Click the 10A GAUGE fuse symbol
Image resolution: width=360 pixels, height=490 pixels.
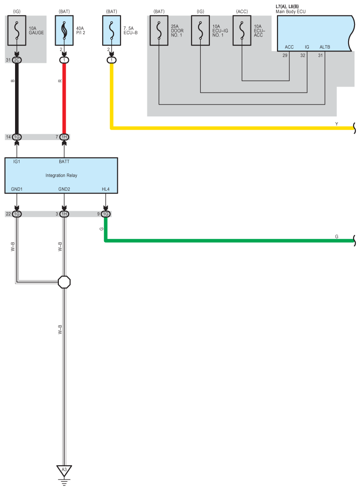17,31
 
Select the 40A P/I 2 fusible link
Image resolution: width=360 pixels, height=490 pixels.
64,31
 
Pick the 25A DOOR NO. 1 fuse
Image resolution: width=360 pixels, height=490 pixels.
159,31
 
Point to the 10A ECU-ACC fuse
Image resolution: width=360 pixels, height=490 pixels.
242,31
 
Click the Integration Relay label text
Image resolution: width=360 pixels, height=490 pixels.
61,175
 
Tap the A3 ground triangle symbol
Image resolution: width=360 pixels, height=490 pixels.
64,469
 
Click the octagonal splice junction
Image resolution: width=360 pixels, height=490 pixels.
64,282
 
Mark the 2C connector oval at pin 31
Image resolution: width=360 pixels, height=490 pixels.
17,60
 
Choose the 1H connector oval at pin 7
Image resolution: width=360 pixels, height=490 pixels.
64,137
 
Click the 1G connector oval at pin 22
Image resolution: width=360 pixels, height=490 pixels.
17,214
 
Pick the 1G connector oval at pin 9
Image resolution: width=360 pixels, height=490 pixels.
105,214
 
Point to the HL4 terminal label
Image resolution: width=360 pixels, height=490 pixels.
105,189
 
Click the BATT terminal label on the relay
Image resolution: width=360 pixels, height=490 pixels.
64,162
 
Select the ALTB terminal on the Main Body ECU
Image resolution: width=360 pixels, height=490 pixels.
324,47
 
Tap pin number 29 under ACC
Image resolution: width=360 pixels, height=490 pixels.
285,55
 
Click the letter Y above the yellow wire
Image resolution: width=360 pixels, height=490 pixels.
337,123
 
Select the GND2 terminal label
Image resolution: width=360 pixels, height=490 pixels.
64,189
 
